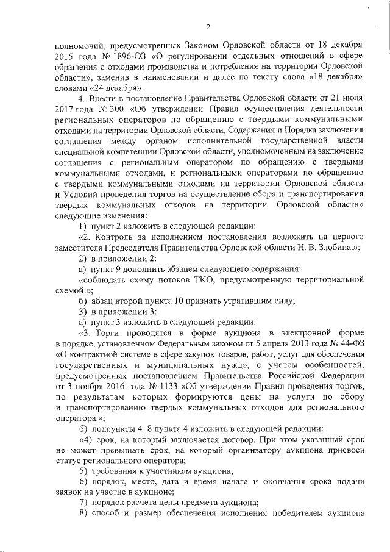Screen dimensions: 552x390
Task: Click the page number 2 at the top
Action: click(208, 26)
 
